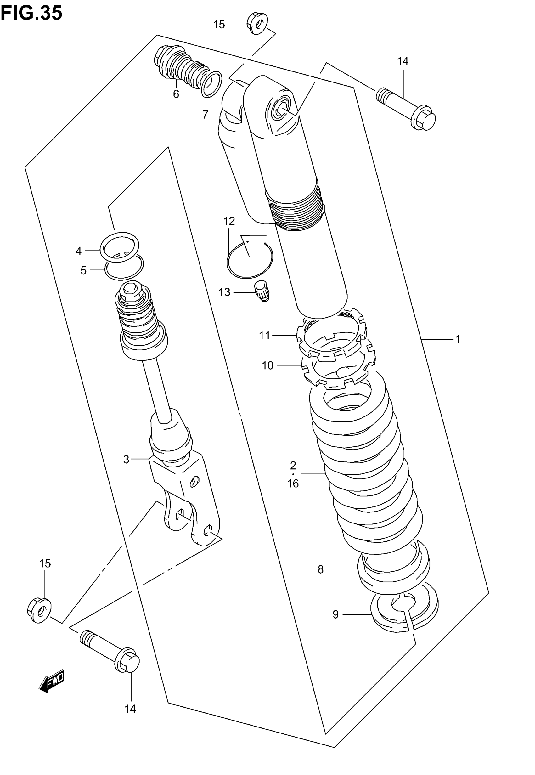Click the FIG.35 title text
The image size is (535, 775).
point(31,14)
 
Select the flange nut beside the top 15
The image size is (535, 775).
point(257,24)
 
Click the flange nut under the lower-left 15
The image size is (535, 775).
point(39,610)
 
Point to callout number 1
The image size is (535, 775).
point(457,339)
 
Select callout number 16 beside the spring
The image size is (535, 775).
point(293,484)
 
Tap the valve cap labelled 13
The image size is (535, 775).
point(262,291)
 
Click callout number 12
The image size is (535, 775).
point(229,221)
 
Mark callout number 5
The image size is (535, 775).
point(83,270)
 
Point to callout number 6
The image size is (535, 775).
point(176,94)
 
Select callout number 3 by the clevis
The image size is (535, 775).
point(126,459)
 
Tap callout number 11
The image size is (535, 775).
point(264,335)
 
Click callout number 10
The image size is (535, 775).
point(267,365)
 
